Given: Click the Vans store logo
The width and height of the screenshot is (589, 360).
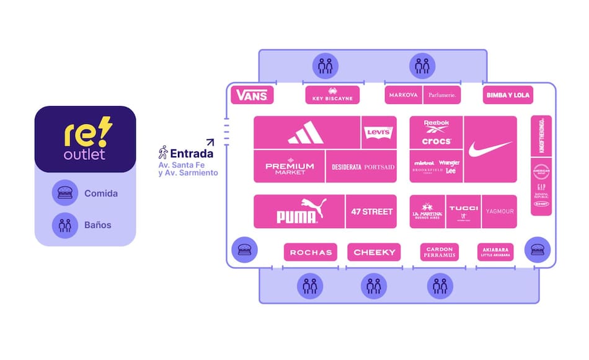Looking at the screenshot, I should [252, 95].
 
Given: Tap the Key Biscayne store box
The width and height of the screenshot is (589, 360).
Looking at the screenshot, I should [332, 95].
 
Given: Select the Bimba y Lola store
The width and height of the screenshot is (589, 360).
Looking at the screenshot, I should [508, 95].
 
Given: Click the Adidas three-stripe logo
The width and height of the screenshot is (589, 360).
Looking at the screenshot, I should [306, 133].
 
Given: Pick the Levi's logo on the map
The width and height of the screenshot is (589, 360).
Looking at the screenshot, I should [378, 133].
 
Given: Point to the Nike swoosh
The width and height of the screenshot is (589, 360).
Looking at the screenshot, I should [490, 149].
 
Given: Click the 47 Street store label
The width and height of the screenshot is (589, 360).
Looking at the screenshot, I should [371, 212].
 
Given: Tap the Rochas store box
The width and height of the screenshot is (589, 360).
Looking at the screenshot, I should [311, 252].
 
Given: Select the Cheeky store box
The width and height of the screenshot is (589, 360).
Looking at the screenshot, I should [374, 252].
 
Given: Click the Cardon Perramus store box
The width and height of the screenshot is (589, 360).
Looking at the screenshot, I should [440, 252].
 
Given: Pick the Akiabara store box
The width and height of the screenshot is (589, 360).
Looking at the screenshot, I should [496, 252].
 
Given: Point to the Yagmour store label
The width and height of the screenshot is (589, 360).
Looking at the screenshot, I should [499, 211].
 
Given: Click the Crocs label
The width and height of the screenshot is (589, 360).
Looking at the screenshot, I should [436, 141].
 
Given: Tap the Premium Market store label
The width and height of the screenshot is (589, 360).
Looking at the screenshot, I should [290, 167].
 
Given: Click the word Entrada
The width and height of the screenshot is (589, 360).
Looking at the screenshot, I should [192, 153].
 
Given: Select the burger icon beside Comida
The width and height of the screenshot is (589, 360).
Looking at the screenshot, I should [65, 193].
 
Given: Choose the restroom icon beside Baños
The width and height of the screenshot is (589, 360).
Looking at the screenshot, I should [65, 225].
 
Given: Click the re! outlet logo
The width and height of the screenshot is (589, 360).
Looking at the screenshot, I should [85, 139].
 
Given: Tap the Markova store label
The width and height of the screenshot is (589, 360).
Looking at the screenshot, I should [404, 95].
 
